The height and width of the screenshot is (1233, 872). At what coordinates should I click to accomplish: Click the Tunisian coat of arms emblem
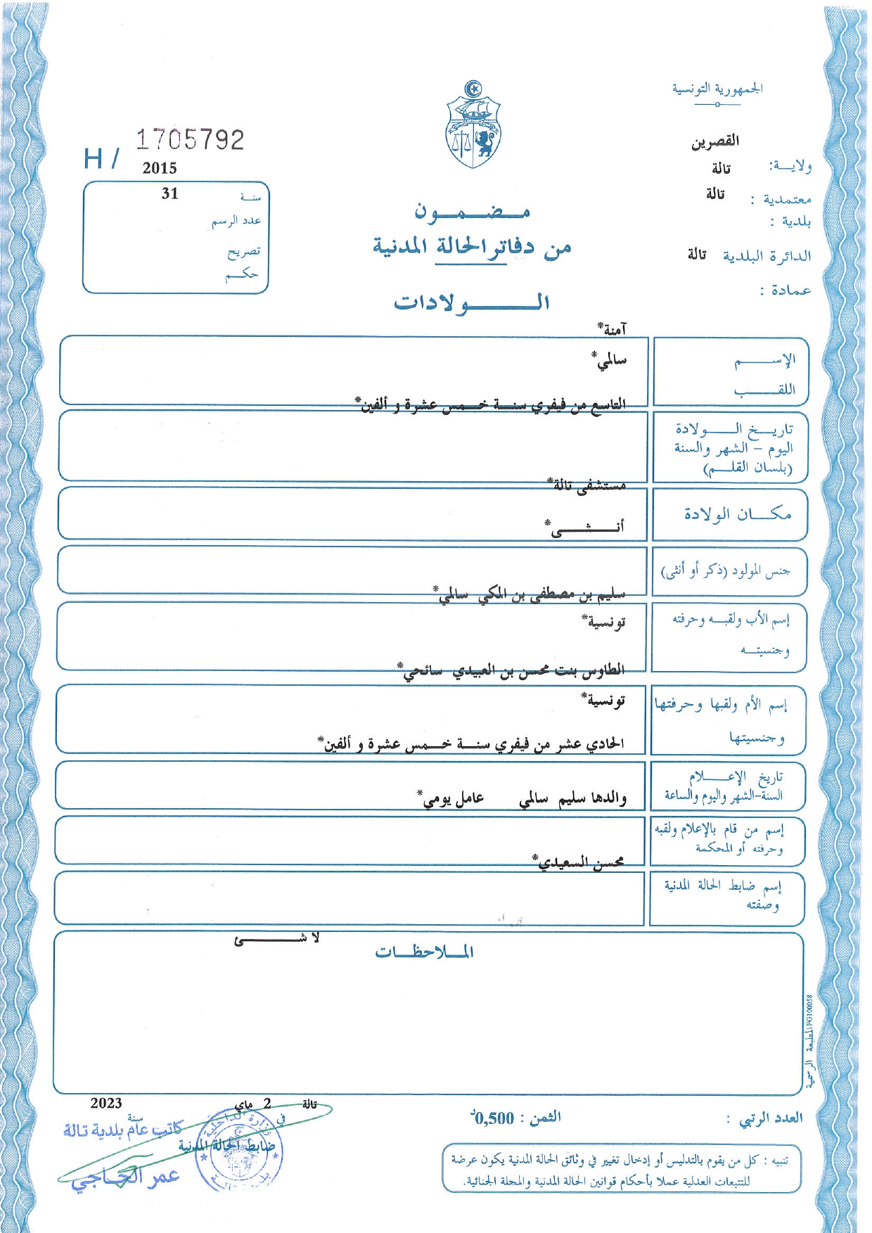(473, 125)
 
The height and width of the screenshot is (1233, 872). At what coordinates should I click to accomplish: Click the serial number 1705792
(190, 140)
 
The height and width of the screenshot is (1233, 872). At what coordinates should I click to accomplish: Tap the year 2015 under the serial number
(160, 168)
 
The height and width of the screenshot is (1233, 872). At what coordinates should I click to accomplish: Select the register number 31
(170, 194)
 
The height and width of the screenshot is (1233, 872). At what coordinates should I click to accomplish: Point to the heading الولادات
(471, 302)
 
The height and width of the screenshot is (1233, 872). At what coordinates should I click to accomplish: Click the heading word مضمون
(472, 211)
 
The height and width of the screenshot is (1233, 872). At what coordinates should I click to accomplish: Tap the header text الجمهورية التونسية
(717, 89)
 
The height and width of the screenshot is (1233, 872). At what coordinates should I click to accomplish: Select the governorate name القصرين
(714, 141)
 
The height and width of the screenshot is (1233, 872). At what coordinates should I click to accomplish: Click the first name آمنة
(612, 328)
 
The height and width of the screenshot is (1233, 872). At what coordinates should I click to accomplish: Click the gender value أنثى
(584, 527)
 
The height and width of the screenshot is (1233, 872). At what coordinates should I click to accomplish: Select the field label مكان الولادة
(737, 514)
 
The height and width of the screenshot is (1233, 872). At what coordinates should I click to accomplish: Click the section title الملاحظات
(424, 952)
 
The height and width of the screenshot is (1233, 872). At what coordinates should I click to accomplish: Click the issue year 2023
(106, 1103)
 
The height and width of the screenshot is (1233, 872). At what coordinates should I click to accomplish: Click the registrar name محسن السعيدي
(578, 862)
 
